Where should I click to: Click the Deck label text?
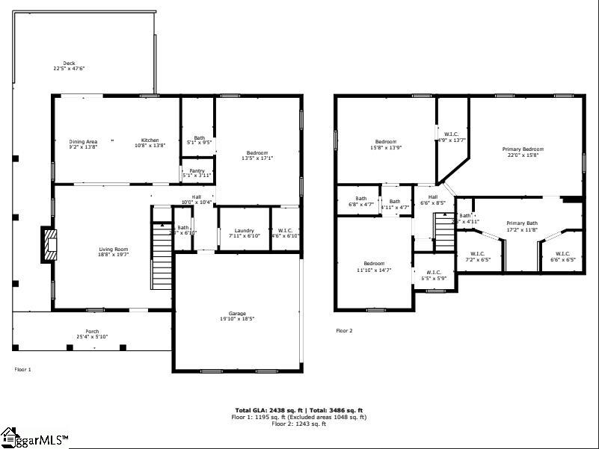click(69, 64)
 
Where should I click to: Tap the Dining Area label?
click(83, 141)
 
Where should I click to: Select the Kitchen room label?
click(150, 140)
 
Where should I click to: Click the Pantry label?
click(197, 171)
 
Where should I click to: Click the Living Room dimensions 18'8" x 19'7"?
click(114, 254)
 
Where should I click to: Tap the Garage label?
click(237, 313)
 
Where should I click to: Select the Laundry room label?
click(245, 231)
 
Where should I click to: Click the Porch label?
click(92, 331)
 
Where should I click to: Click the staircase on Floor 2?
click(445, 232)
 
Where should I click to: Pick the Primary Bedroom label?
click(523, 149)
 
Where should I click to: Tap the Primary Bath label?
click(521, 223)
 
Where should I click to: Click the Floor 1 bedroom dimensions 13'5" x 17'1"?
click(257, 158)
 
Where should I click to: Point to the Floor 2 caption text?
click(344, 330)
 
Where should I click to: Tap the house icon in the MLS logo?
click(10, 435)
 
